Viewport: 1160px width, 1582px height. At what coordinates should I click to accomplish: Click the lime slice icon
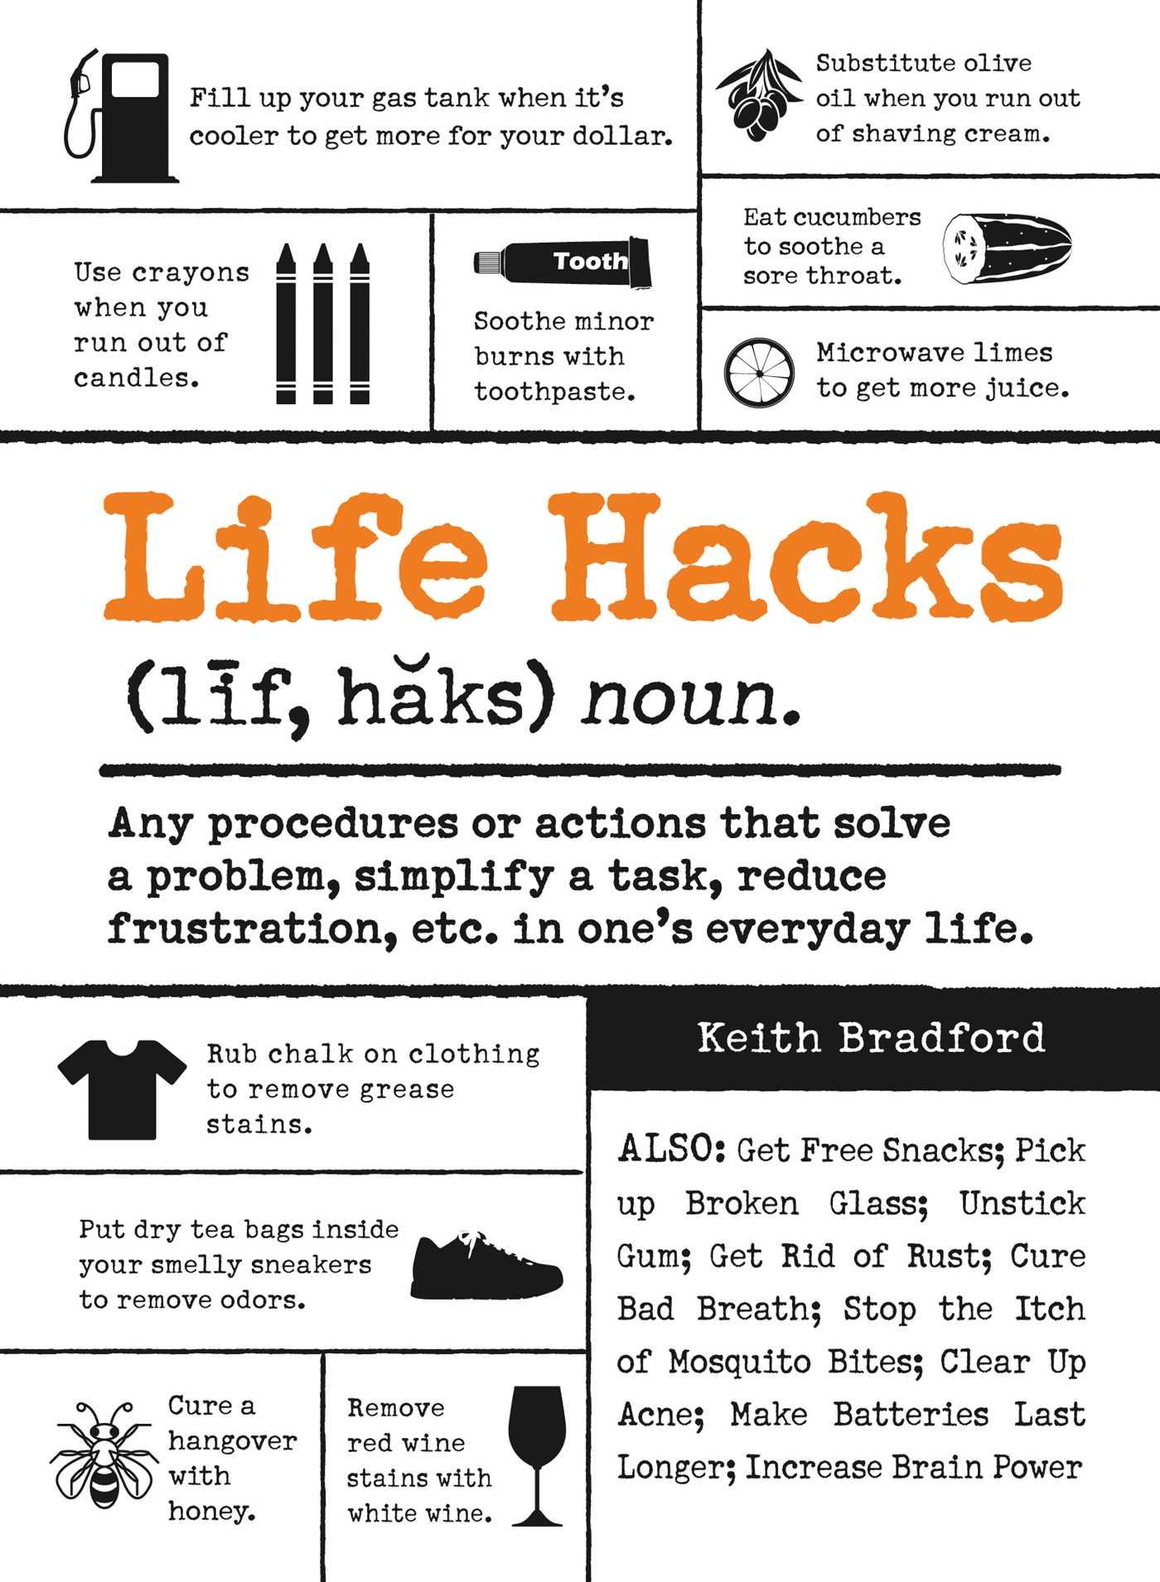click(x=759, y=373)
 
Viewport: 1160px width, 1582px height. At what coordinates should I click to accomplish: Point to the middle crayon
click(x=322, y=323)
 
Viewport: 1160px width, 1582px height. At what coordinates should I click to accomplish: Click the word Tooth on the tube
click(x=590, y=261)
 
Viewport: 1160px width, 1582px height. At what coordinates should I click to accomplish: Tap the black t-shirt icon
click(x=122, y=1088)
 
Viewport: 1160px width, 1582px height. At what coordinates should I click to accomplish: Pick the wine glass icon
click(x=537, y=1454)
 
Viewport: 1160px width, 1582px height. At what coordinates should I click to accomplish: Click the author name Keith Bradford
click(x=871, y=1038)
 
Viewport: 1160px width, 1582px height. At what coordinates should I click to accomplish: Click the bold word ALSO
click(x=672, y=1150)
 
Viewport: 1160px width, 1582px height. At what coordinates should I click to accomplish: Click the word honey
click(x=211, y=1512)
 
